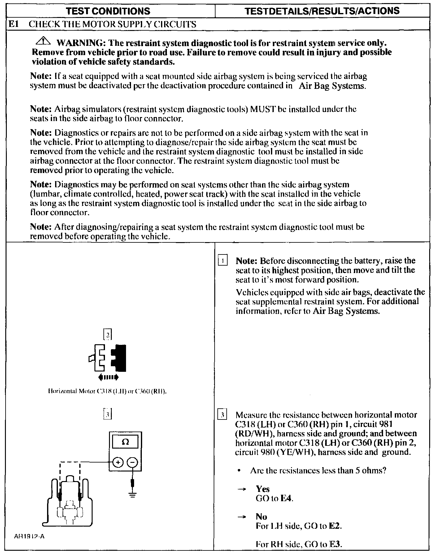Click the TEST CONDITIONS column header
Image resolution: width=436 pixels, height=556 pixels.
pyautogui.click(x=108, y=11)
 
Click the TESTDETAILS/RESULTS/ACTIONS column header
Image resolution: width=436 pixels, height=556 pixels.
pyautogui.click(x=322, y=11)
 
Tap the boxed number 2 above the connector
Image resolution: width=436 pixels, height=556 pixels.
pyautogui.click(x=107, y=335)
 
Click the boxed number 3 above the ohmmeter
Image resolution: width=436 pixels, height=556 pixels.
pyautogui.click(x=107, y=414)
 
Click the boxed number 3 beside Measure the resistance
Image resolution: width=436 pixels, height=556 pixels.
pyautogui.click(x=223, y=415)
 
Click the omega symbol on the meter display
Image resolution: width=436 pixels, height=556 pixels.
pyautogui.click(x=125, y=442)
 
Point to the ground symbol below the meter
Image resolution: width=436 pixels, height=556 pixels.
pyautogui.click(x=133, y=494)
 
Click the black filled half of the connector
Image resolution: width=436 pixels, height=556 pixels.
pyautogui.click(x=119, y=358)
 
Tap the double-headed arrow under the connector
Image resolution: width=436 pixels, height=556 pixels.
pyautogui.click(x=108, y=377)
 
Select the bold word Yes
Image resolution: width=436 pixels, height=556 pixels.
pyautogui.click(x=263, y=489)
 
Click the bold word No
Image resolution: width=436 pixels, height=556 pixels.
pyautogui.click(x=261, y=516)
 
